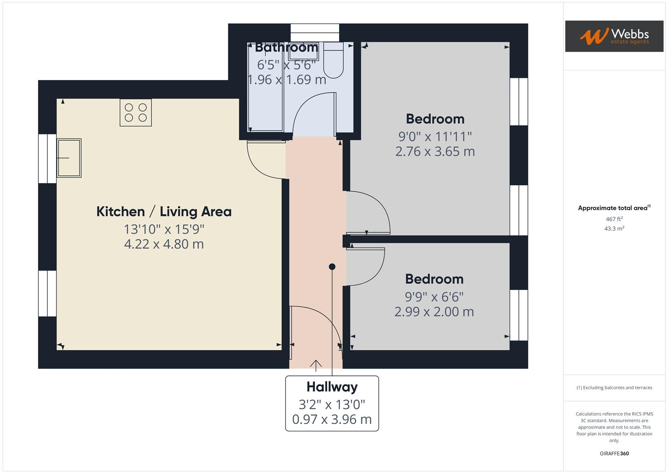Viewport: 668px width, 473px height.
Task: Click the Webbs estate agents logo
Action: click(x=614, y=36)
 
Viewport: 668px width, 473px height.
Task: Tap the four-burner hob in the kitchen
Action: click(x=136, y=113)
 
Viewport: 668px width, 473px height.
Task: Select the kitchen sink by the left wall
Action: click(x=69, y=158)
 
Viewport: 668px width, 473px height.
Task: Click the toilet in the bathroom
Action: click(x=333, y=61)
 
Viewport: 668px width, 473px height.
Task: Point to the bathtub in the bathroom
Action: click(x=265, y=88)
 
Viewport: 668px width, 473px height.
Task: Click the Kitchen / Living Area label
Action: click(x=164, y=212)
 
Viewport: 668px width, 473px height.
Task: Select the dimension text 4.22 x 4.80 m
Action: click(x=164, y=244)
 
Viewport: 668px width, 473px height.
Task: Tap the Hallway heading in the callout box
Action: click(x=332, y=387)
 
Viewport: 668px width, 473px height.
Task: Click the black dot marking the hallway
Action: click(x=332, y=267)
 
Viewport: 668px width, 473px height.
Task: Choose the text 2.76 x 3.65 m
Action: click(x=435, y=152)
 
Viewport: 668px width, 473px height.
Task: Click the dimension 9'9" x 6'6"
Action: click(x=434, y=297)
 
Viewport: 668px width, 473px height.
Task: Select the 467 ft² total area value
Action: click(x=614, y=219)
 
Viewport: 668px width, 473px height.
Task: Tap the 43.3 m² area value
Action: click(x=614, y=229)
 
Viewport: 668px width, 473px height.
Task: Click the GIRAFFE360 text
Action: click(x=614, y=453)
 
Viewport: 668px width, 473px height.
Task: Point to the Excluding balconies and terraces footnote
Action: click(x=614, y=388)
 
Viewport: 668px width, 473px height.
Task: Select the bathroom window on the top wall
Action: click(x=315, y=33)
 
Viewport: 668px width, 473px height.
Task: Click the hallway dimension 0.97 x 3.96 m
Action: click(x=332, y=420)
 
